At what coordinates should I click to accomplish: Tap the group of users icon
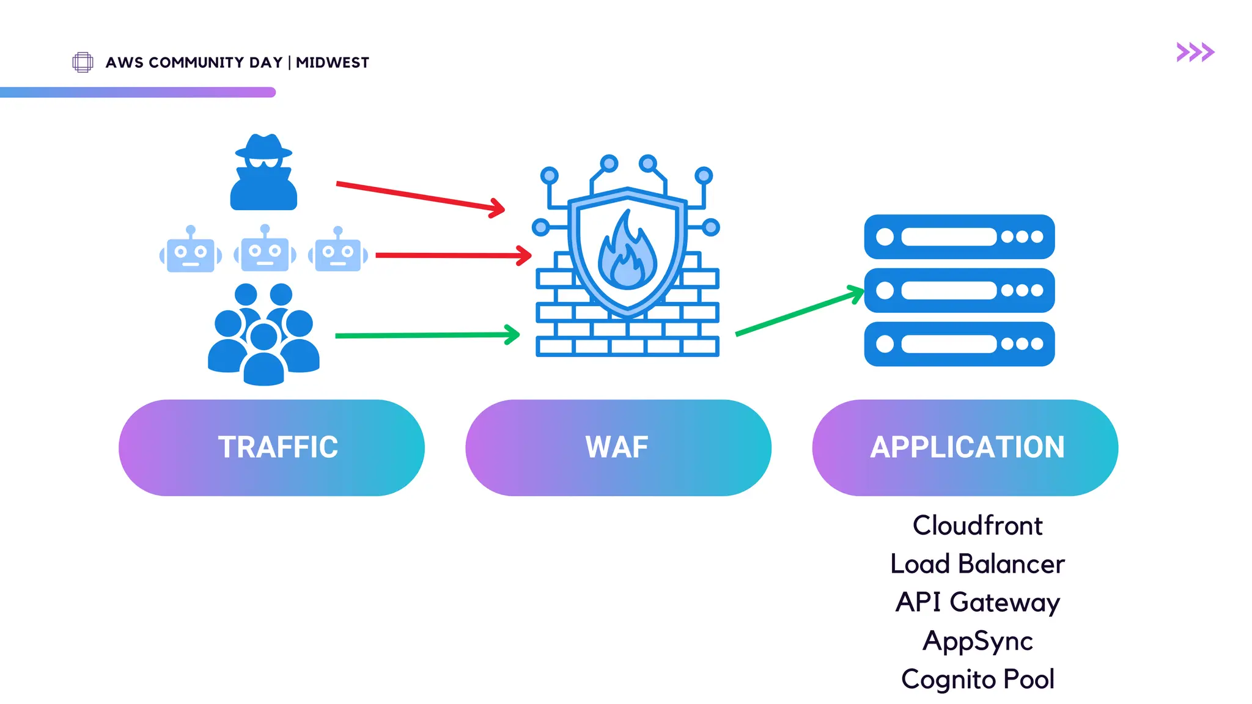point(263,335)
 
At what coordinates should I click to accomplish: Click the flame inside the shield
point(627,254)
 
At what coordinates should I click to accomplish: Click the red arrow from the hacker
point(420,196)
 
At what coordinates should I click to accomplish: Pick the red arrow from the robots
point(452,255)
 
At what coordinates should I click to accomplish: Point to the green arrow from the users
point(427,335)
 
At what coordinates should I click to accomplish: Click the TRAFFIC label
point(278,447)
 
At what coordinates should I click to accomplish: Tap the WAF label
point(617,447)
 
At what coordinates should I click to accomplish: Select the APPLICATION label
point(967,447)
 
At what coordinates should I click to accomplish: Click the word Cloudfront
point(977,526)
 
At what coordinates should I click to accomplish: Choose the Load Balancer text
point(977,564)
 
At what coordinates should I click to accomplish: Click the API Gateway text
point(977,603)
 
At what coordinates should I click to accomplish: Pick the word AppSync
point(977,641)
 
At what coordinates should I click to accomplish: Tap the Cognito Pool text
point(977,680)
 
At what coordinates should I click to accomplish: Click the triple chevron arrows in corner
point(1195,53)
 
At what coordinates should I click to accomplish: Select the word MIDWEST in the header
point(333,63)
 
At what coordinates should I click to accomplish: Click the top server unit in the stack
point(959,237)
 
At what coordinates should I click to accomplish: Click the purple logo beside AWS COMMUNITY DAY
point(83,62)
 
